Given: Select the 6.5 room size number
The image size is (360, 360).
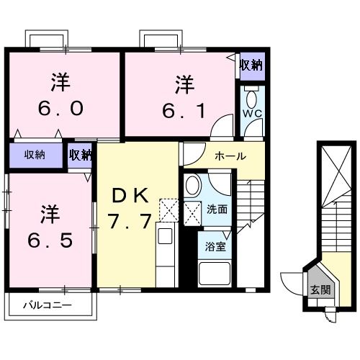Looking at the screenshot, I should pos(49,239).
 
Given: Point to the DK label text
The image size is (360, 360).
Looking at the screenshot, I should pos(130,196).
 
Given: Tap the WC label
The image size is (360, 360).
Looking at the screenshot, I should pos(251,114).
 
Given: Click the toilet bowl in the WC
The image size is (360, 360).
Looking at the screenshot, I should pos(251,99).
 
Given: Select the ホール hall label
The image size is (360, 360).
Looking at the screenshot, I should pos(230,156).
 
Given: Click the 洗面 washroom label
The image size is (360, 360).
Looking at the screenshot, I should pos(217,210).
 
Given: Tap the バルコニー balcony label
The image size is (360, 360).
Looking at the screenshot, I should pos(47,306).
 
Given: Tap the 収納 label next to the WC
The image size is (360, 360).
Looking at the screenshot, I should pos(251,65).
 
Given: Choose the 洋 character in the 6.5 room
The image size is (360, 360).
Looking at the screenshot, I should pos(49,214).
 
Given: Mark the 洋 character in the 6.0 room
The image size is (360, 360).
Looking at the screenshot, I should pos(60,81).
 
